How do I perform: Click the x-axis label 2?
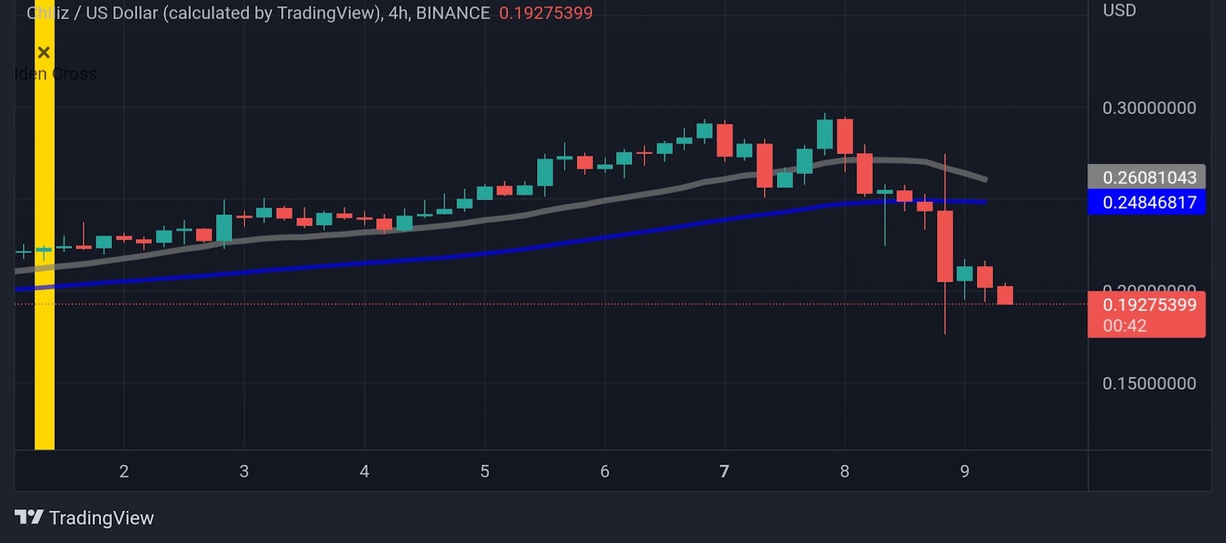(x=124, y=471)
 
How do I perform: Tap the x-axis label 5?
(x=484, y=471)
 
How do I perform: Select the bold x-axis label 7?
(x=724, y=471)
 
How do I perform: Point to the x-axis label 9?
(x=965, y=471)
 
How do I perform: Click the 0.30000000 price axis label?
(x=1149, y=108)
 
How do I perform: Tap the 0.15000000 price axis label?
(x=1149, y=383)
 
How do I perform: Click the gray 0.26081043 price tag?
(x=1147, y=177)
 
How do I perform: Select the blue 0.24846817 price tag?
(x=1147, y=202)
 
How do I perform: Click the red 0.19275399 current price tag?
(x=1149, y=304)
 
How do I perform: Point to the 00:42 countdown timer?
(x=1125, y=325)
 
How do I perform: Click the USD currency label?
(x=1119, y=11)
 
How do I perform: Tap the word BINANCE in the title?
(x=453, y=13)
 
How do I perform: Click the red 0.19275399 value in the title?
(x=546, y=13)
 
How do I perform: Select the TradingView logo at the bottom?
(x=84, y=518)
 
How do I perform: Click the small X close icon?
(x=44, y=52)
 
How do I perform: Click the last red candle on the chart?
(x=1005, y=295)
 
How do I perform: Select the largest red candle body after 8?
(x=945, y=245)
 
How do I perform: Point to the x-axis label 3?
(x=244, y=471)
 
